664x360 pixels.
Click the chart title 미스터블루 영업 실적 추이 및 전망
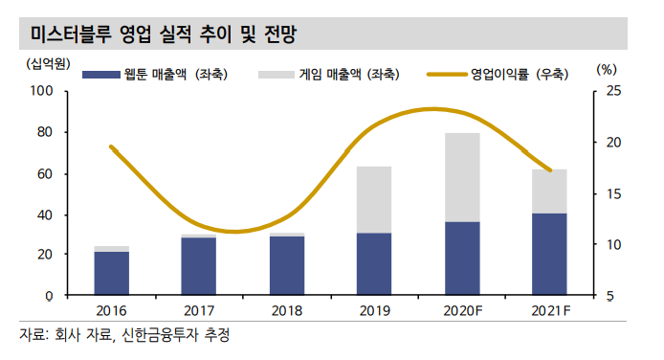[164, 35]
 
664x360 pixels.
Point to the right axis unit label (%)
[606, 69]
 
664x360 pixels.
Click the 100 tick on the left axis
[41, 92]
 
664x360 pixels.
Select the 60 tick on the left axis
[45, 174]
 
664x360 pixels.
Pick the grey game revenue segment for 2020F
[462, 177]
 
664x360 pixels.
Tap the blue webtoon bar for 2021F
[549, 254]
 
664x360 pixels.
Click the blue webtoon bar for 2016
[112, 273]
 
